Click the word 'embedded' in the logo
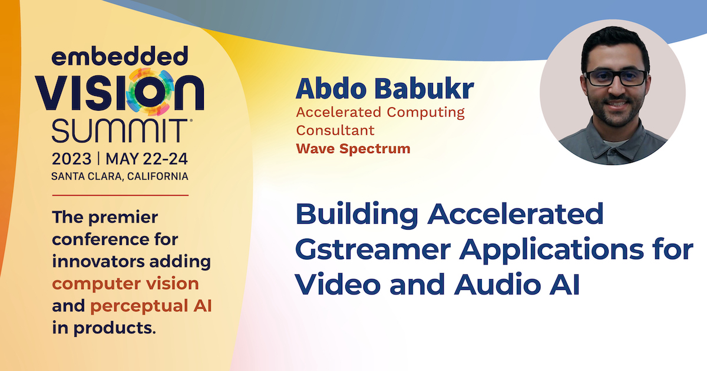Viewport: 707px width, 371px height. tap(120, 56)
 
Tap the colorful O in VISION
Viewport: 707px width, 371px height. tap(150, 92)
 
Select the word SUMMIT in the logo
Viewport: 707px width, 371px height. tap(120, 131)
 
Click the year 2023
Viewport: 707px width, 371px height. tap(71, 158)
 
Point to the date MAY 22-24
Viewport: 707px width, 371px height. tap(147, 158)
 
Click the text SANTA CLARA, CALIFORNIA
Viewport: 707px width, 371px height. tap(120, 176)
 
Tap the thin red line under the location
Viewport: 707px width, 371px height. tap(120, 196)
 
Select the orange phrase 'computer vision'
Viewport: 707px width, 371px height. tap(125, 284)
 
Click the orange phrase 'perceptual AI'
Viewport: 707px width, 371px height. tap(151, 306)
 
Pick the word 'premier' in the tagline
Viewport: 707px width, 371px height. tap(123, 218)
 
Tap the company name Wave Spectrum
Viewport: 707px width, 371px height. tap(353, 148)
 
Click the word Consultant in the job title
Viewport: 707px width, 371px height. tap(335, 130)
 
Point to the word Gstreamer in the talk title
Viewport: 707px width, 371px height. tap(373, 250)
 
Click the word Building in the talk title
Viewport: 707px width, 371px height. tap(357, 214)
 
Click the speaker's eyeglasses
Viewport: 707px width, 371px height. tap(616, 78)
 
